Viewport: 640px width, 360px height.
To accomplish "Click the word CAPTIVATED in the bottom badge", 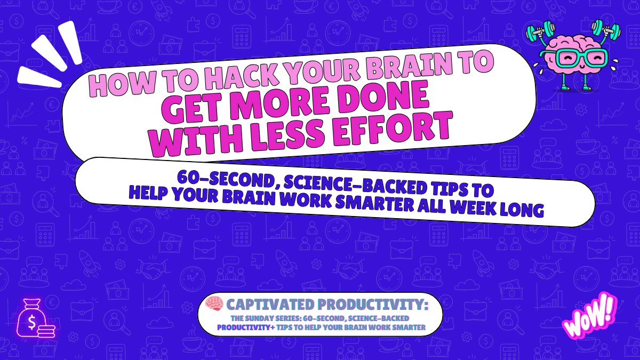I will tap(269, 305).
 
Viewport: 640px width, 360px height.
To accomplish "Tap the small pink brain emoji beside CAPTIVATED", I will tap(214, 304).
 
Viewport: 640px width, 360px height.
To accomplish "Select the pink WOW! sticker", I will tap(590, 316).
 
